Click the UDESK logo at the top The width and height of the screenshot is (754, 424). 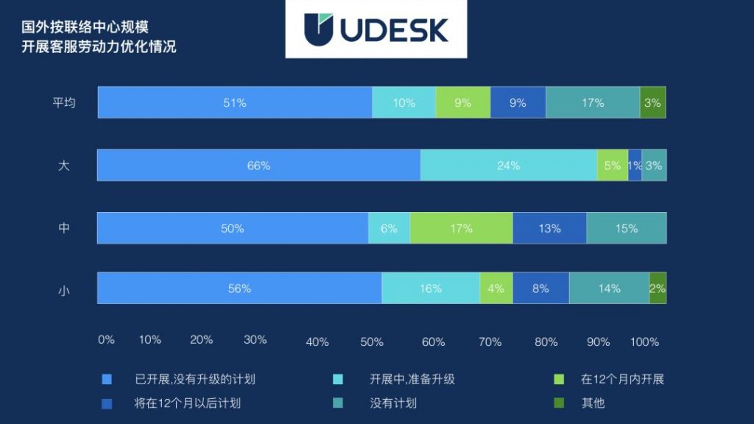376,29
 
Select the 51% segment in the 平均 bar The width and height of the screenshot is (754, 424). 234,103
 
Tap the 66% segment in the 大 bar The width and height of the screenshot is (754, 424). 258,166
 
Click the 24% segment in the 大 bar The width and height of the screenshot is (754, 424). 508,166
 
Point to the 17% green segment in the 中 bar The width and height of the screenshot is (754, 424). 461,228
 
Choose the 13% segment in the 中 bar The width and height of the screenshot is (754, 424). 549,228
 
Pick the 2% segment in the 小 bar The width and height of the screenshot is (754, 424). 658,289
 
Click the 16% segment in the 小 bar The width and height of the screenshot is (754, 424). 431,289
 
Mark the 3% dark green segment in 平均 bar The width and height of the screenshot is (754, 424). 652,103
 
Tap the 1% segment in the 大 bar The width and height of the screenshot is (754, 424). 635,166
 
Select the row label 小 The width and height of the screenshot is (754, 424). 64,290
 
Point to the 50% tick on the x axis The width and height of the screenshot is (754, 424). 372,342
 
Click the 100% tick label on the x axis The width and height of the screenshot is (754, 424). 645,342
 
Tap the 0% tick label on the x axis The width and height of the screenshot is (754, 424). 106,339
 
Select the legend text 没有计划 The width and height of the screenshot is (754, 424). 393,403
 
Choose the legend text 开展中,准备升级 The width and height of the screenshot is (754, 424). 412,380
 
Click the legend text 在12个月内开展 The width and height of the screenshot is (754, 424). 622,380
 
